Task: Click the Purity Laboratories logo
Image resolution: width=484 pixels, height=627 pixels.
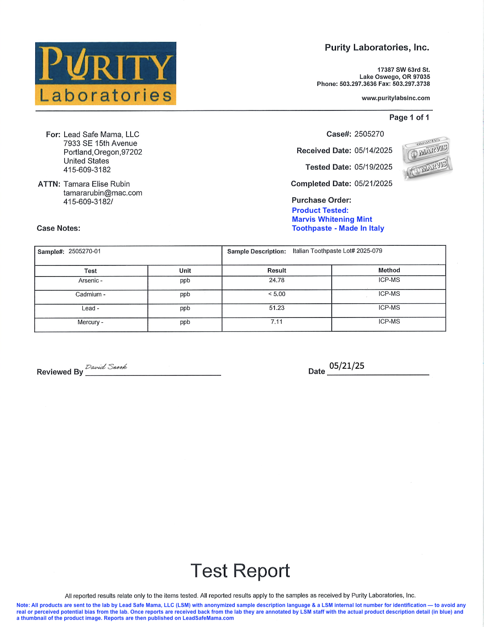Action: (x=106, y=73)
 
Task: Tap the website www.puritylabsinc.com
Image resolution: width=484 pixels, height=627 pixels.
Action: (x=396, y=98)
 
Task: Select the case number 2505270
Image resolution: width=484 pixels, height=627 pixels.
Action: (x=369, y=134)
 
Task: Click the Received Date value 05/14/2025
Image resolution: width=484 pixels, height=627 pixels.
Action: (x=373, y=151)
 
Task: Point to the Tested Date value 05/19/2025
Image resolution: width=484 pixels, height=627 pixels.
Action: (x=373, y=167)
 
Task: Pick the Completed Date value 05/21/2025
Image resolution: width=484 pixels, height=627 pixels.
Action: (x=373, y=183)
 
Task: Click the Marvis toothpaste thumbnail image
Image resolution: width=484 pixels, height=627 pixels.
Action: (x=427, y=158)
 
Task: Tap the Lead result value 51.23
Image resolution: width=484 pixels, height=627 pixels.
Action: (x=277, y=308)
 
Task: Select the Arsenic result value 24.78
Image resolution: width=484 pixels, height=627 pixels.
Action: (x=277, y=280)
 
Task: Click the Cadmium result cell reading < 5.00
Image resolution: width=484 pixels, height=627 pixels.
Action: (x=277, y=294)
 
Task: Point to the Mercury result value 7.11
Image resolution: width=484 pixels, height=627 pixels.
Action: (x=277, y=322)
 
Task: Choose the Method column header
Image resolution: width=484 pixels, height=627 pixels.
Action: (x=389, y=270)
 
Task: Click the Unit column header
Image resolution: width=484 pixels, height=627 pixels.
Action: (x=185, y=270)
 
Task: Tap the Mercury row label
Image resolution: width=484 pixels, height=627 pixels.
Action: (x=90, y=322)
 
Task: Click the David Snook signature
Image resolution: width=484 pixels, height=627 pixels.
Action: (x=106, y=367)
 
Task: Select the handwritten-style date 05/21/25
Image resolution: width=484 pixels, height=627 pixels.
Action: (x=347, y=366)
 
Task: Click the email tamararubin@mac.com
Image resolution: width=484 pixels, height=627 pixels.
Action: (x=103, y=193)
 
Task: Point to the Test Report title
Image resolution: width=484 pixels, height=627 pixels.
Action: (x=240, y=570)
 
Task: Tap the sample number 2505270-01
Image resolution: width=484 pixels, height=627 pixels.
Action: (x=85, y=251)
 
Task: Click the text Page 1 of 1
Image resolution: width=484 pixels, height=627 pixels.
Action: (x=409, y=117)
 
